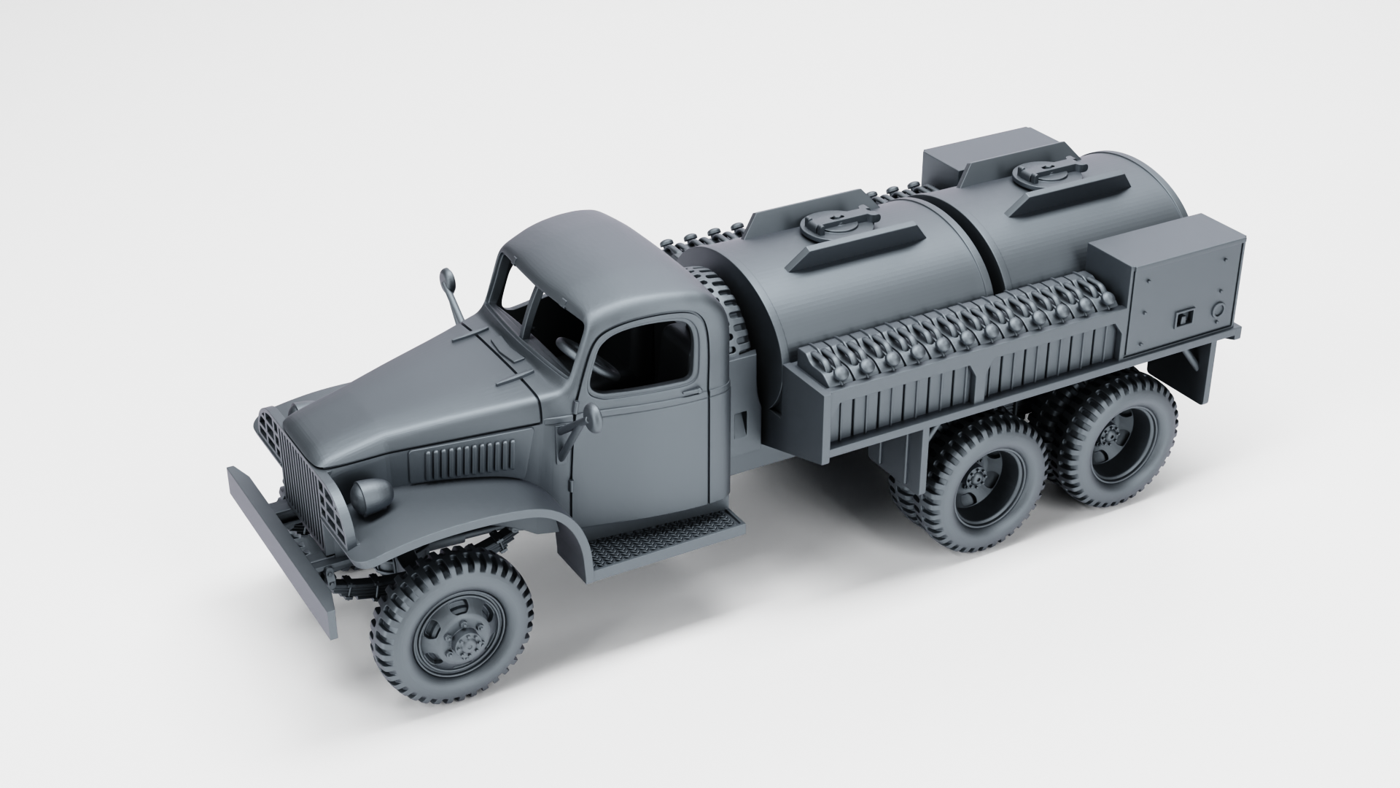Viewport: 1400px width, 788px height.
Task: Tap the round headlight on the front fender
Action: click(x=370, y=495)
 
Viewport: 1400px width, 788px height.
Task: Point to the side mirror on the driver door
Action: click(x=591, y=419)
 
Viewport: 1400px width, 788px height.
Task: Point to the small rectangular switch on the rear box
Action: click(x=1183, y=318)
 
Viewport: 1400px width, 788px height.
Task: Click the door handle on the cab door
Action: click(x=689, y=392)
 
